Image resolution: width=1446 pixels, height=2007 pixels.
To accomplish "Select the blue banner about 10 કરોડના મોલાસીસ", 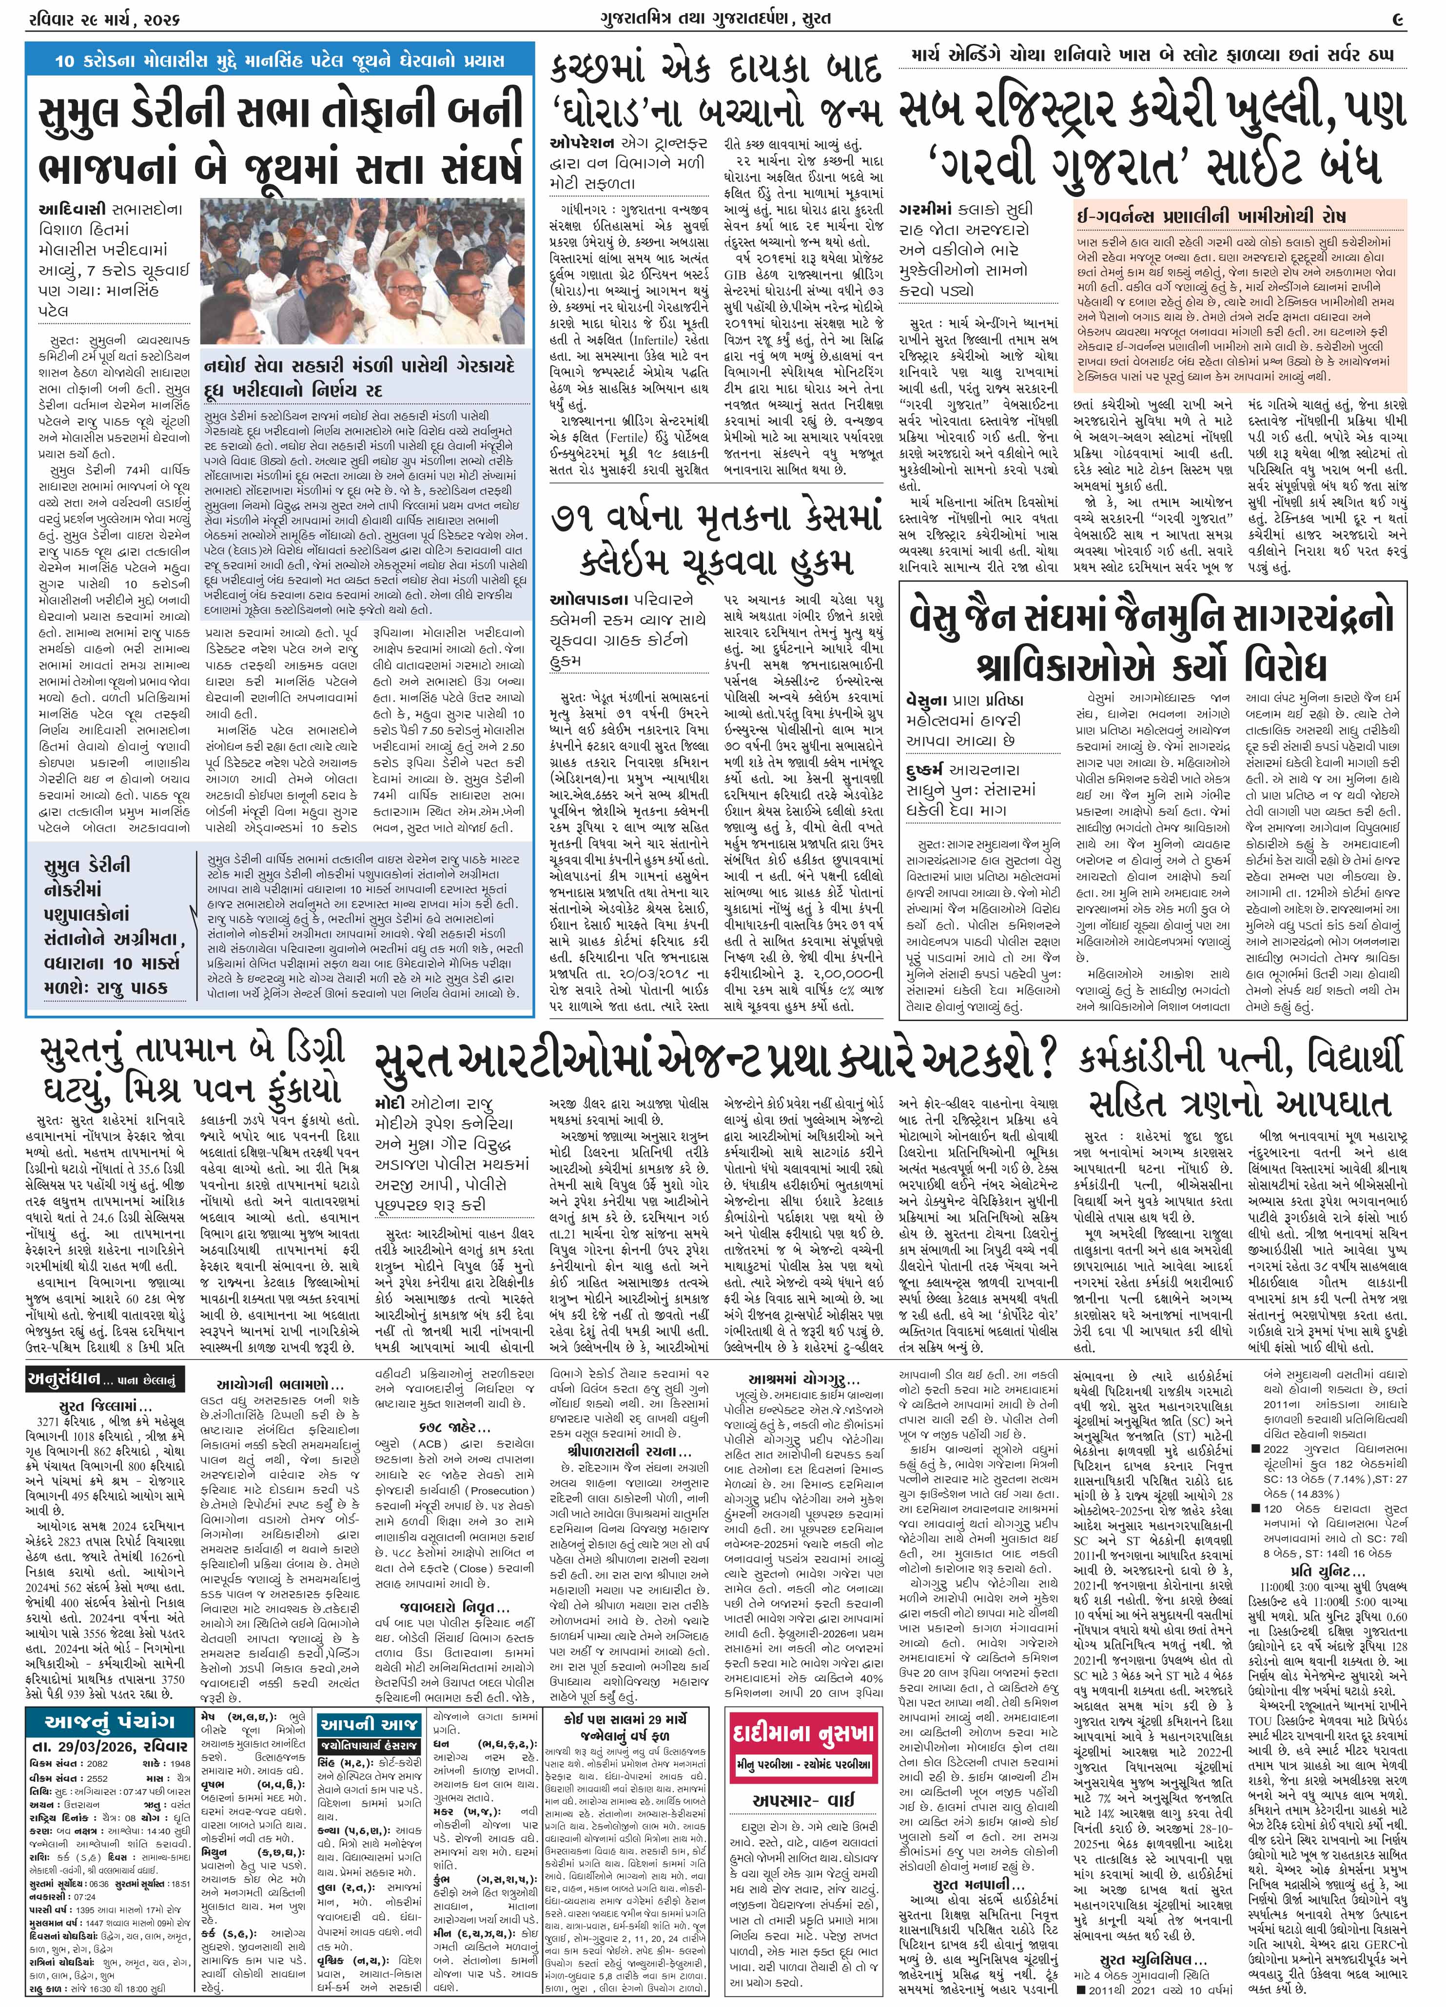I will (x=280, y=61).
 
